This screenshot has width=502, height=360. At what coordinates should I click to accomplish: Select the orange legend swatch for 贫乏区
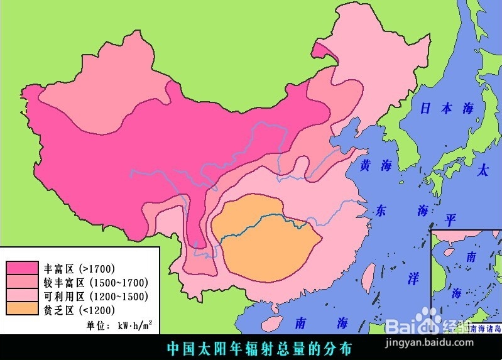point(21,308)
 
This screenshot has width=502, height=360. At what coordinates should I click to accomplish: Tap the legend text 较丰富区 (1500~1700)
point(95,282)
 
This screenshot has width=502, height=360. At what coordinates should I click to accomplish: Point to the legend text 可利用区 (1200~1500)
point(95,296)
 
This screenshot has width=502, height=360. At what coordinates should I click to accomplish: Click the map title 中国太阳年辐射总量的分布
point(258,347)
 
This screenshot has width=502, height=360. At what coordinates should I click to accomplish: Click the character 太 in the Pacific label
point(483,170)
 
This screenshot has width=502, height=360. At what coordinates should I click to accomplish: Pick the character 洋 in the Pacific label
point(413,279)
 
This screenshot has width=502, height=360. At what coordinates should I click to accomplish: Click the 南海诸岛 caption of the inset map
point(486,328)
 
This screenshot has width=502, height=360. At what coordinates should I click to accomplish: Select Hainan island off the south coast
point(271,323)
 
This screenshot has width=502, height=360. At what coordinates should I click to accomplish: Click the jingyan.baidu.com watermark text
point(444,342)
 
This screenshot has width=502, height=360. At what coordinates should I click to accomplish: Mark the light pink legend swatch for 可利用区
point(21,295)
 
